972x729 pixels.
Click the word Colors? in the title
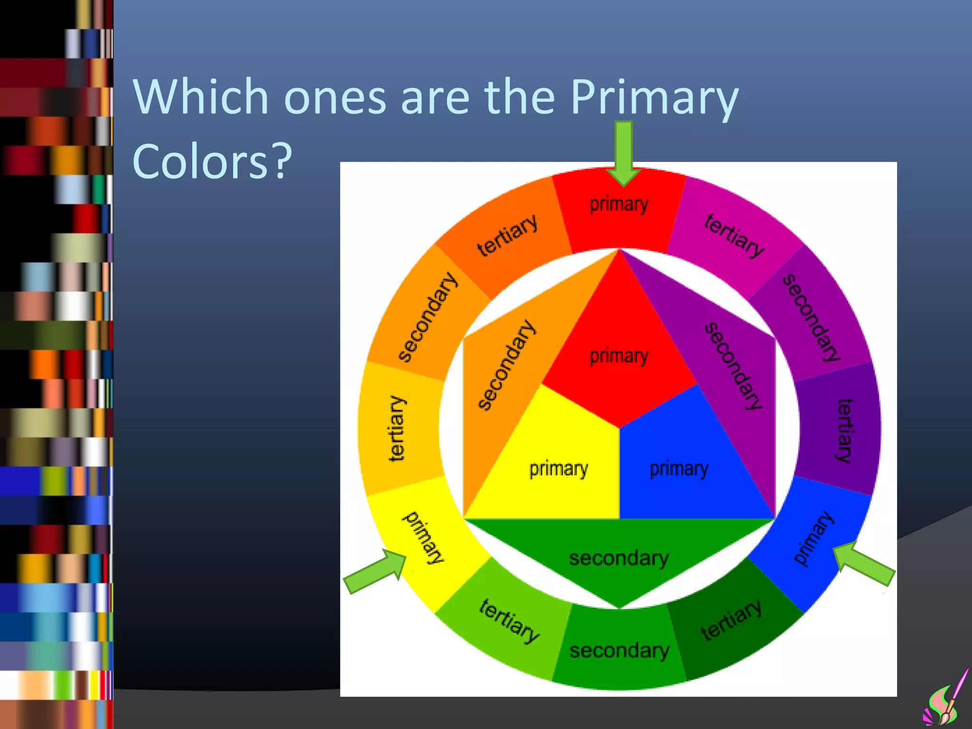[x=212, y=161]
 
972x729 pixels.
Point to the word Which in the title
[x=201, y=97]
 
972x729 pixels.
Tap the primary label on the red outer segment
[x=619, y=205]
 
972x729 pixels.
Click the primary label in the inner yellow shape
[x=559, y=469]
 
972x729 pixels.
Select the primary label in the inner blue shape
[x=679, y=469]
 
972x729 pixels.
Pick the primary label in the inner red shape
[x=619, y=356]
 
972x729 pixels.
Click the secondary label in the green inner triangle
[x=619, y=558]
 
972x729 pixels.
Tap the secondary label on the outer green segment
[x=619, y=651]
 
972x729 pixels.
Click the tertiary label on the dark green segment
[x=731, y=619]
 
